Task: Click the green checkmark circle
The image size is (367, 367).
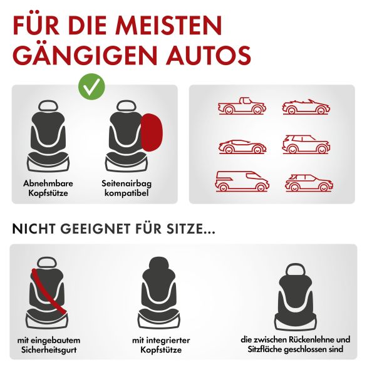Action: click(x=91, y=86)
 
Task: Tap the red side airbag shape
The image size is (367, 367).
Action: click(x=152, y=133)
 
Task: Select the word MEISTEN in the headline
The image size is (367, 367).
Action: click(x=168, y=25)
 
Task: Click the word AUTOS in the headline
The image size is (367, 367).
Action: click(x=209, y=55)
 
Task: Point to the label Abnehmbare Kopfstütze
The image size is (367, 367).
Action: click(x=48, y=188)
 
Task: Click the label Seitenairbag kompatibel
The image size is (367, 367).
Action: click(x=127, y=188)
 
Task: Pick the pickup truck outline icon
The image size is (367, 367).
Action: click(x=242, y=106)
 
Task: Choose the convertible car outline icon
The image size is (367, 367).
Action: click(x=306, y=107)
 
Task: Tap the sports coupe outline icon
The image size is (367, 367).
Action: click(x=242, y=147)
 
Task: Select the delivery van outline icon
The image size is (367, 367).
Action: click(x=242, y=182)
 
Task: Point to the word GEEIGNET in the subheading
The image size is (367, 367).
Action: click(x=96, y=229)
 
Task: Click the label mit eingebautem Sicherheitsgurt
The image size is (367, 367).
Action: click(x=49, y=344)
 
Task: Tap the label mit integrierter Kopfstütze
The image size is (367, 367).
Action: click(x=161, y=344)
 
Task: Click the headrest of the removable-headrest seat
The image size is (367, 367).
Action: click(x=49, y=106)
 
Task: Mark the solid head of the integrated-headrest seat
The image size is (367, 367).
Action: click(x=159, y=264)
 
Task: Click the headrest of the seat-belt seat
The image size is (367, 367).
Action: click(x=47, y=262)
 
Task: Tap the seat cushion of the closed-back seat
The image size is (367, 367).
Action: click(x=296, y=322)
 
